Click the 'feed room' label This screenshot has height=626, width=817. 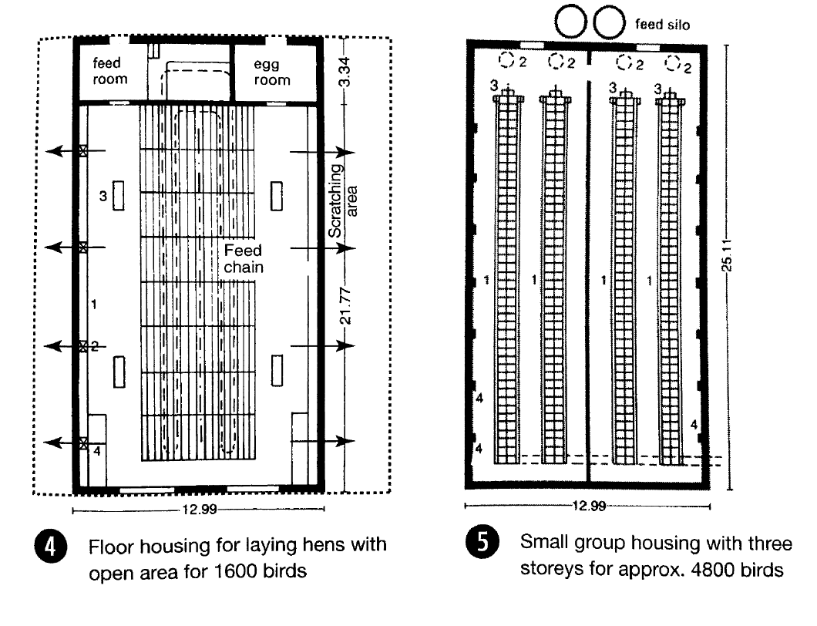point(110,71)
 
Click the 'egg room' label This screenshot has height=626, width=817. point(272,72)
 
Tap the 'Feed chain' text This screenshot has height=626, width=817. point(244,258)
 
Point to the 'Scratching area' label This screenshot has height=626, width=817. point(343,200)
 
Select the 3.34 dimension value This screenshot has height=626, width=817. point(345,72)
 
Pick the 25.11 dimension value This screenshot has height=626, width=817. point(727,255)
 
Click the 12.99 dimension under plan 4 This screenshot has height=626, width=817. point(199,510)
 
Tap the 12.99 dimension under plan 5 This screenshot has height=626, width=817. point(589,506)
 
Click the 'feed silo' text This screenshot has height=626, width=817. point(662,25)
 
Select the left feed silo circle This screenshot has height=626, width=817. point(570,22)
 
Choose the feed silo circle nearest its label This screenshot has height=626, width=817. point(609,22)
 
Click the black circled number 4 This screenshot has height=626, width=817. point(50,547)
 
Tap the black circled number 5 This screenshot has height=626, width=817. point(482,542)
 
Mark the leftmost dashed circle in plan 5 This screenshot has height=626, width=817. point(506,60)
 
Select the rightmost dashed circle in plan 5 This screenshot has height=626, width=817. point(673,63)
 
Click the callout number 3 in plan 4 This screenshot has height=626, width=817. point(103,196)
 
